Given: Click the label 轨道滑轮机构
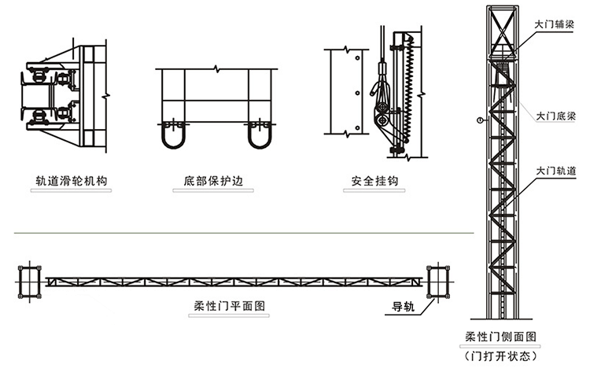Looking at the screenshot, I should coord(71,182).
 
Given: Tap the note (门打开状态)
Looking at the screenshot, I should coord(500,356).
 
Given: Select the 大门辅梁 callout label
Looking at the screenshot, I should coord(555,24).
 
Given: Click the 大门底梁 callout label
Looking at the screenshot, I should coord(555,115).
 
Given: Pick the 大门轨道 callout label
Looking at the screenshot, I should coord(555,169).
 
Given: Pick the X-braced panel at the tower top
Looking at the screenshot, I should coord(500,31).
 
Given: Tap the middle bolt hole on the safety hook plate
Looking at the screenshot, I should coord(357,93).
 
